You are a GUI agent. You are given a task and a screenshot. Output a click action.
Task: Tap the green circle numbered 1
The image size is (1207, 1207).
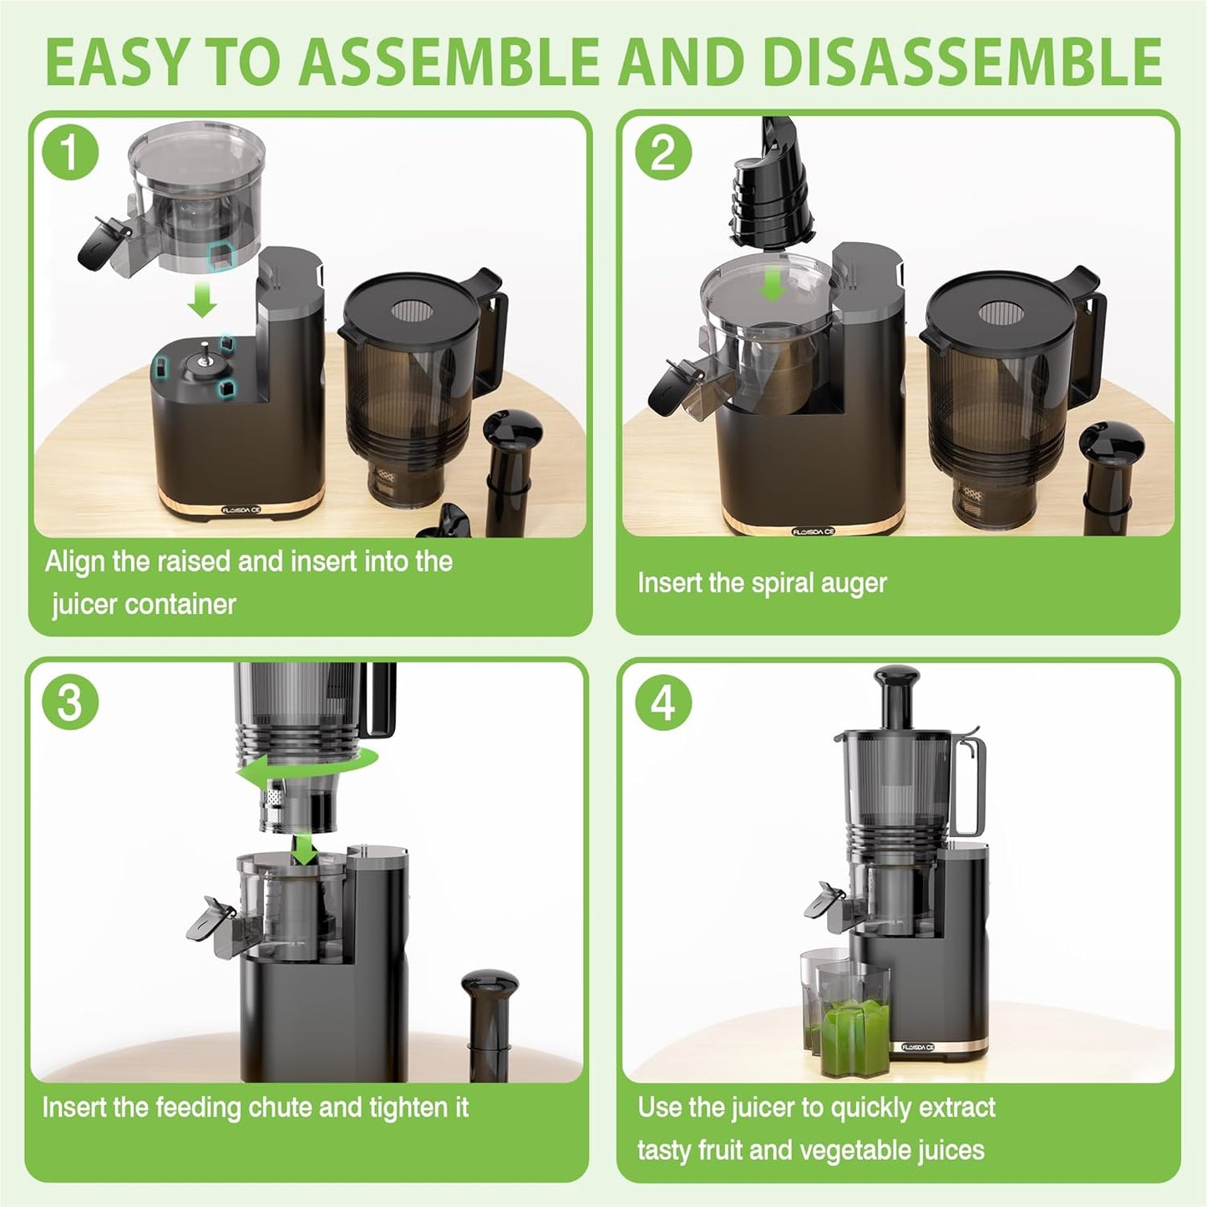71,153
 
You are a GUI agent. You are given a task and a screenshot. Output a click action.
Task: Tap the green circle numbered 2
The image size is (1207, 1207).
663,153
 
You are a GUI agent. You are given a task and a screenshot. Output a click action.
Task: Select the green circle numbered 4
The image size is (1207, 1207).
663,702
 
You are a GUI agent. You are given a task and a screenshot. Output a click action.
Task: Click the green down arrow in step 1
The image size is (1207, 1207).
201,298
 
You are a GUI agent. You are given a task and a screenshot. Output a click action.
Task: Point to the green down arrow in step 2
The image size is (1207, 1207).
773,287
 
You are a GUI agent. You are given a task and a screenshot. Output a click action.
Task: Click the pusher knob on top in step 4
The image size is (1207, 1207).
898,681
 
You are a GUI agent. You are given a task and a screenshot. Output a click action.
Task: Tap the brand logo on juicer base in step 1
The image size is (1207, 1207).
241,509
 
